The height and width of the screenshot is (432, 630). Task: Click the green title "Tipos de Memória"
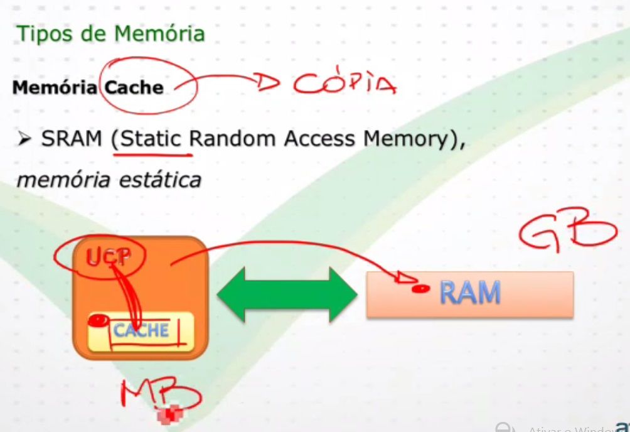(110, 33)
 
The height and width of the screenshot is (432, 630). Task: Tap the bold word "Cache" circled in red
(134, 87)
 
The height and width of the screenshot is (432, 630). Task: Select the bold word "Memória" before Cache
(55, 87)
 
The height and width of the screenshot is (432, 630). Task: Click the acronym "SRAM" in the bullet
(72, 139)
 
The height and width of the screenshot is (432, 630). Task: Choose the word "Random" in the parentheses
(233, 139)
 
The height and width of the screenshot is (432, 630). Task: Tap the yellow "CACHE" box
(141, 330)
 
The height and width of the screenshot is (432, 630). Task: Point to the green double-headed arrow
(287, 293)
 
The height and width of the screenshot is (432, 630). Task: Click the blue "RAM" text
(470, 293)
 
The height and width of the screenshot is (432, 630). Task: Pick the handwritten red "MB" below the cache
(160, 395)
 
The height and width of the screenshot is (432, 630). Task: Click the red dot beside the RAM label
(420, 289)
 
